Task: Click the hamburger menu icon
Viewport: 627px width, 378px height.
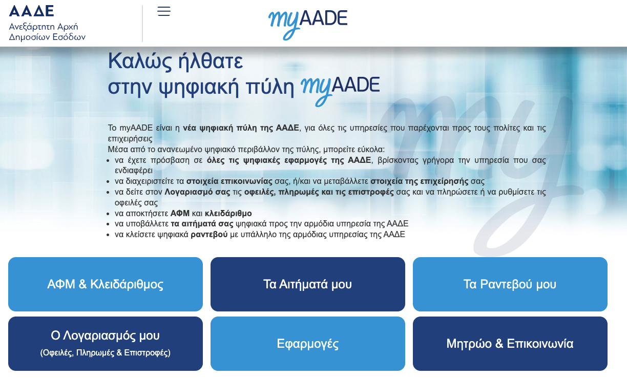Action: click(x=164, y=11)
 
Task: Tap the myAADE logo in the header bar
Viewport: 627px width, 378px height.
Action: click(x=308, y=25)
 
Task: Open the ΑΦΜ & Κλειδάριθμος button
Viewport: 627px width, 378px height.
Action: click(x=105, y=284)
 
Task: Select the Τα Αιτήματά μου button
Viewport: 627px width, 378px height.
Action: click(x=308, y=284)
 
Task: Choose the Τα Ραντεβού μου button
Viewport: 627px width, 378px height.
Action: click(x=510, y=284)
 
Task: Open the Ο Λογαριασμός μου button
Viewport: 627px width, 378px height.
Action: click(x=105, y=344)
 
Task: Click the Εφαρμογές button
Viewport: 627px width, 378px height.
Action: click(x=308, y=344)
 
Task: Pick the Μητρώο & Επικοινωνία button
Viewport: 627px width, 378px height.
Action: click(x=510, y=344)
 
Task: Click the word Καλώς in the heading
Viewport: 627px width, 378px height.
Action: click(x=140, y=61)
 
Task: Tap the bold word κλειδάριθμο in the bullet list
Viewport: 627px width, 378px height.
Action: click(x=228, y=214)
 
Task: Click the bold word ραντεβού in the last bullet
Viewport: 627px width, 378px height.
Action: click(x=209, y=235)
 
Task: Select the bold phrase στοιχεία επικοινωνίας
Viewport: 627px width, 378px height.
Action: click(x=229, y=181)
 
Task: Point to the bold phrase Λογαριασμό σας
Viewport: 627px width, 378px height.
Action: click(x=197, y=192)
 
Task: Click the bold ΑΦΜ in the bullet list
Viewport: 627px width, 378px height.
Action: click(x=180, y=214)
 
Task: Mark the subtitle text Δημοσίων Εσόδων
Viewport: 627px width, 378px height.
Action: click(x=47, y=37)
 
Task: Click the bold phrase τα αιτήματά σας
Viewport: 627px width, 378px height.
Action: click(x=202, y=224)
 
